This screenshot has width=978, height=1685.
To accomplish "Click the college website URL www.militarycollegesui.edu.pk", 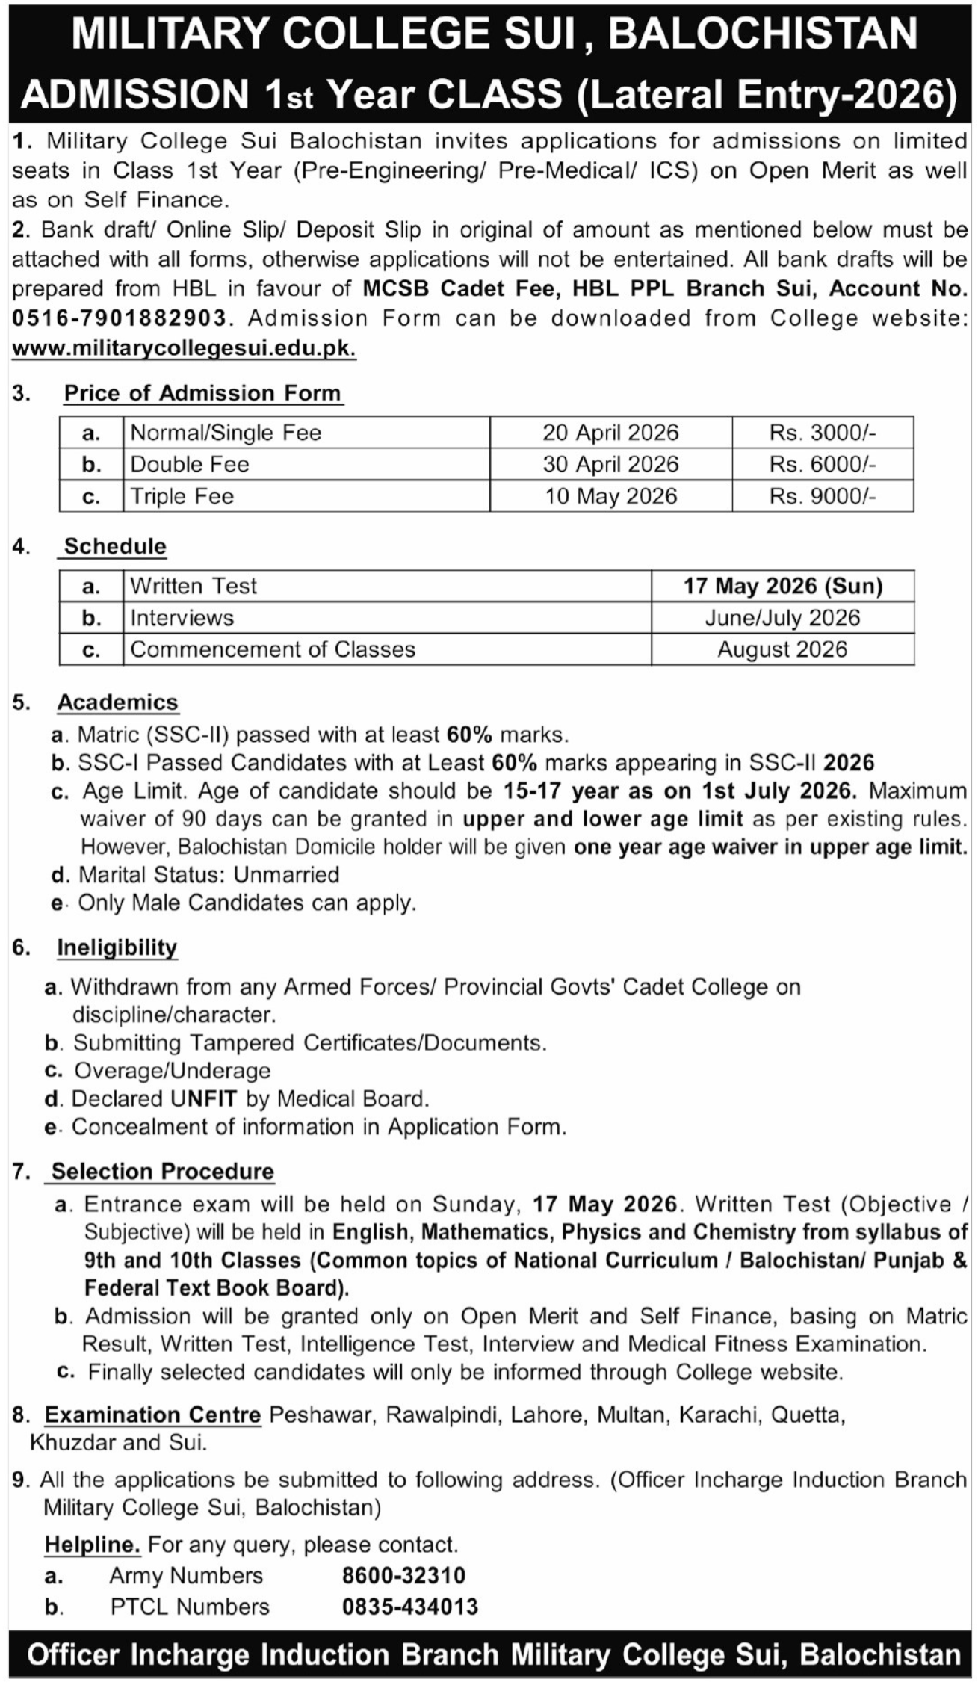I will pyautogui.click(x=184, y=349).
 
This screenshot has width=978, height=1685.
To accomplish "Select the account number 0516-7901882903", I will pyautogui.click(x=119, y=319).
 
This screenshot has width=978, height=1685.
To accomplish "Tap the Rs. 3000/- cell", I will pyautogui.click(x=822, y=433).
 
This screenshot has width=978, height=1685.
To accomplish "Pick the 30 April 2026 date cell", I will pyautogui.click(x=610, y=464).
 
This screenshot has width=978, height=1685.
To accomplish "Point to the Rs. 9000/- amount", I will pyautogui.click(x=822, y=497).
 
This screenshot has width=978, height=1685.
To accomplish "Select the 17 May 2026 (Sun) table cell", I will pyautogui.click(x=782, y=586).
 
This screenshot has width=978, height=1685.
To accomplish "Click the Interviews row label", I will pyautogui.click(x=182, y=618).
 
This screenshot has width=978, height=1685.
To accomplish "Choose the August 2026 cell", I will pyautogui.click(x=782, y=649).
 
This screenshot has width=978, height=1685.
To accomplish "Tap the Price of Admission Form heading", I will pyautogui.click(x=202, y=393).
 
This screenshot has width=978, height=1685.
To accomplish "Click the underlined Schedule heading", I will pyautogui.click(x=115, y=546).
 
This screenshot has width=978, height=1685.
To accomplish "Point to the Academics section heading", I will pyautogui.click(x=118, y=702).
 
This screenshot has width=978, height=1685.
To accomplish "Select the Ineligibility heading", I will pyautogui.click(x=117, y=947).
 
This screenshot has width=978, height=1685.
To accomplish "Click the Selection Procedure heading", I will pyautogui.click(x=163, y=1172).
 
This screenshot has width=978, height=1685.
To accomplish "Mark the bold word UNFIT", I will pyautogui.click(x=203, y=1099).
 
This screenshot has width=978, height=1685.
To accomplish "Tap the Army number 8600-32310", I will pyautogui.click(x=403, y=1576).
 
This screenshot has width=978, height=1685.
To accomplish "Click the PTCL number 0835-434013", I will pyautogui.click(x=409, y=1607).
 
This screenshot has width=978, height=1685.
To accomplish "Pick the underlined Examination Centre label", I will pyautogui.click(x=152, y=1415).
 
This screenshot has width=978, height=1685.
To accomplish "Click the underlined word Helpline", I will pyautogui.click(x=93, y=1545).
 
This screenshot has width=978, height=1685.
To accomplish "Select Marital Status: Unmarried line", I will pyautogui.click(x=209, y=875).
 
